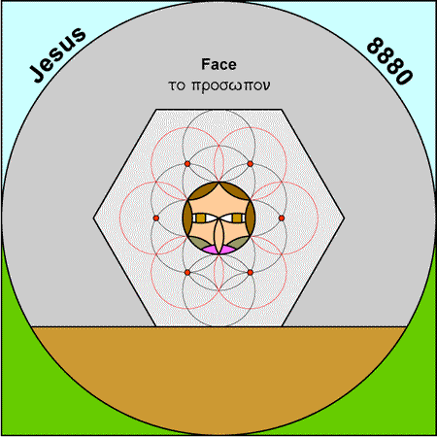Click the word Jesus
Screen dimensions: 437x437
point(57,54)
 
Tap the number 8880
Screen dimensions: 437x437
point(389,61)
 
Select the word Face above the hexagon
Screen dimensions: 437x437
point(218,64)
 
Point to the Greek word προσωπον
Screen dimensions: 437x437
point(231,86)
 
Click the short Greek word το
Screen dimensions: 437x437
point(177,85)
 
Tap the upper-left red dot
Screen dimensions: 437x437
point(187,164)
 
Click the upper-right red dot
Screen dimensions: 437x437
point(251,164)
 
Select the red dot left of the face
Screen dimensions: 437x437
point(156,218)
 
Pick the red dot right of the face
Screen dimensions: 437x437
point(282,218)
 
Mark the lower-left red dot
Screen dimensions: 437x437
point(187,273)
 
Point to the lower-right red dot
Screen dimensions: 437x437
point(251,273)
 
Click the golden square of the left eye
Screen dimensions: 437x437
point(201,218)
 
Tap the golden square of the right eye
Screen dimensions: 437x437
point(237,218)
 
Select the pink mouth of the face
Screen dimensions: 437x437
point(218,250)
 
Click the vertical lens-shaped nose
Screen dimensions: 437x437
point(218,236)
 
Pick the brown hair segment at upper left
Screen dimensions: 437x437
point(200,191)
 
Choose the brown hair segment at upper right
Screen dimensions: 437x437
point(238,191)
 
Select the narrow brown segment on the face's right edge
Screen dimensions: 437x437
point(251,218)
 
